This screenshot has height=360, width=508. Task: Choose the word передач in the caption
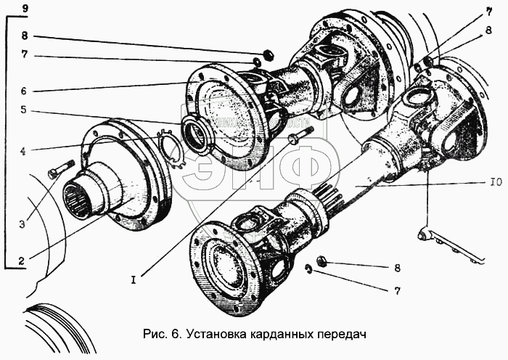coord(337,335)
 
